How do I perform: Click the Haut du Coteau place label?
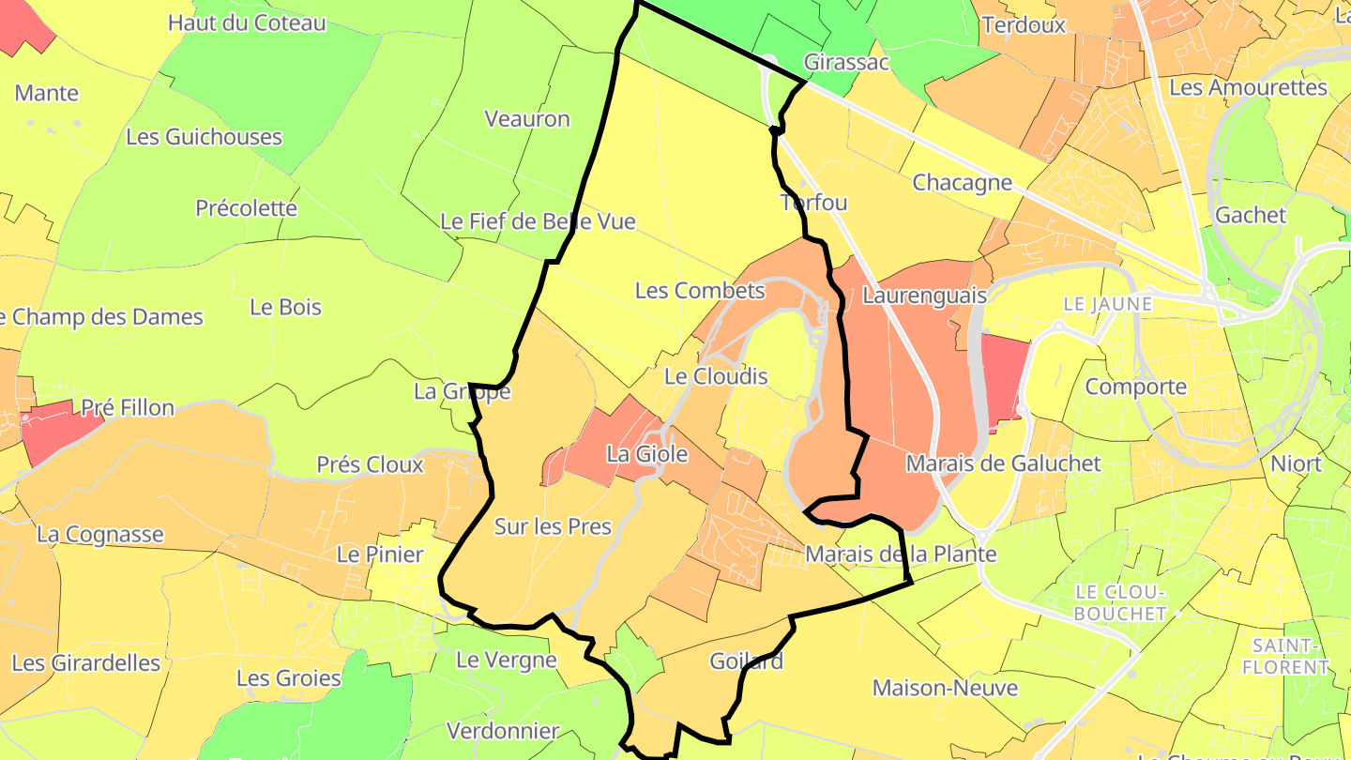tap(247, 23)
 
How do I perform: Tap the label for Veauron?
tap(527, 119)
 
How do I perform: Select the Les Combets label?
tap(700, 291)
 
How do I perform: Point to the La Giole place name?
tap(647, 455)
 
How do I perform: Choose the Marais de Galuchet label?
tap(1003, 464)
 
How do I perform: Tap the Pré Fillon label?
tap(128, 408)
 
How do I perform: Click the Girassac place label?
tap(846, 63)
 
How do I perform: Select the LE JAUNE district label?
tap(1108, 305)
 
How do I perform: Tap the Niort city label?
tap(1296, 464)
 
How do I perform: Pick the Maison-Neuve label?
tap(945, 688)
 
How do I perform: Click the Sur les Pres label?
tap(553, 527)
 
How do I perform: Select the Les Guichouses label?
tap(204, 137)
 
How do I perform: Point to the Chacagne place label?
tap(963, 183)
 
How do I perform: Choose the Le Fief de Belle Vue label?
tap(538, 222)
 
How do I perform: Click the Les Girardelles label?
tap(86, 663)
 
